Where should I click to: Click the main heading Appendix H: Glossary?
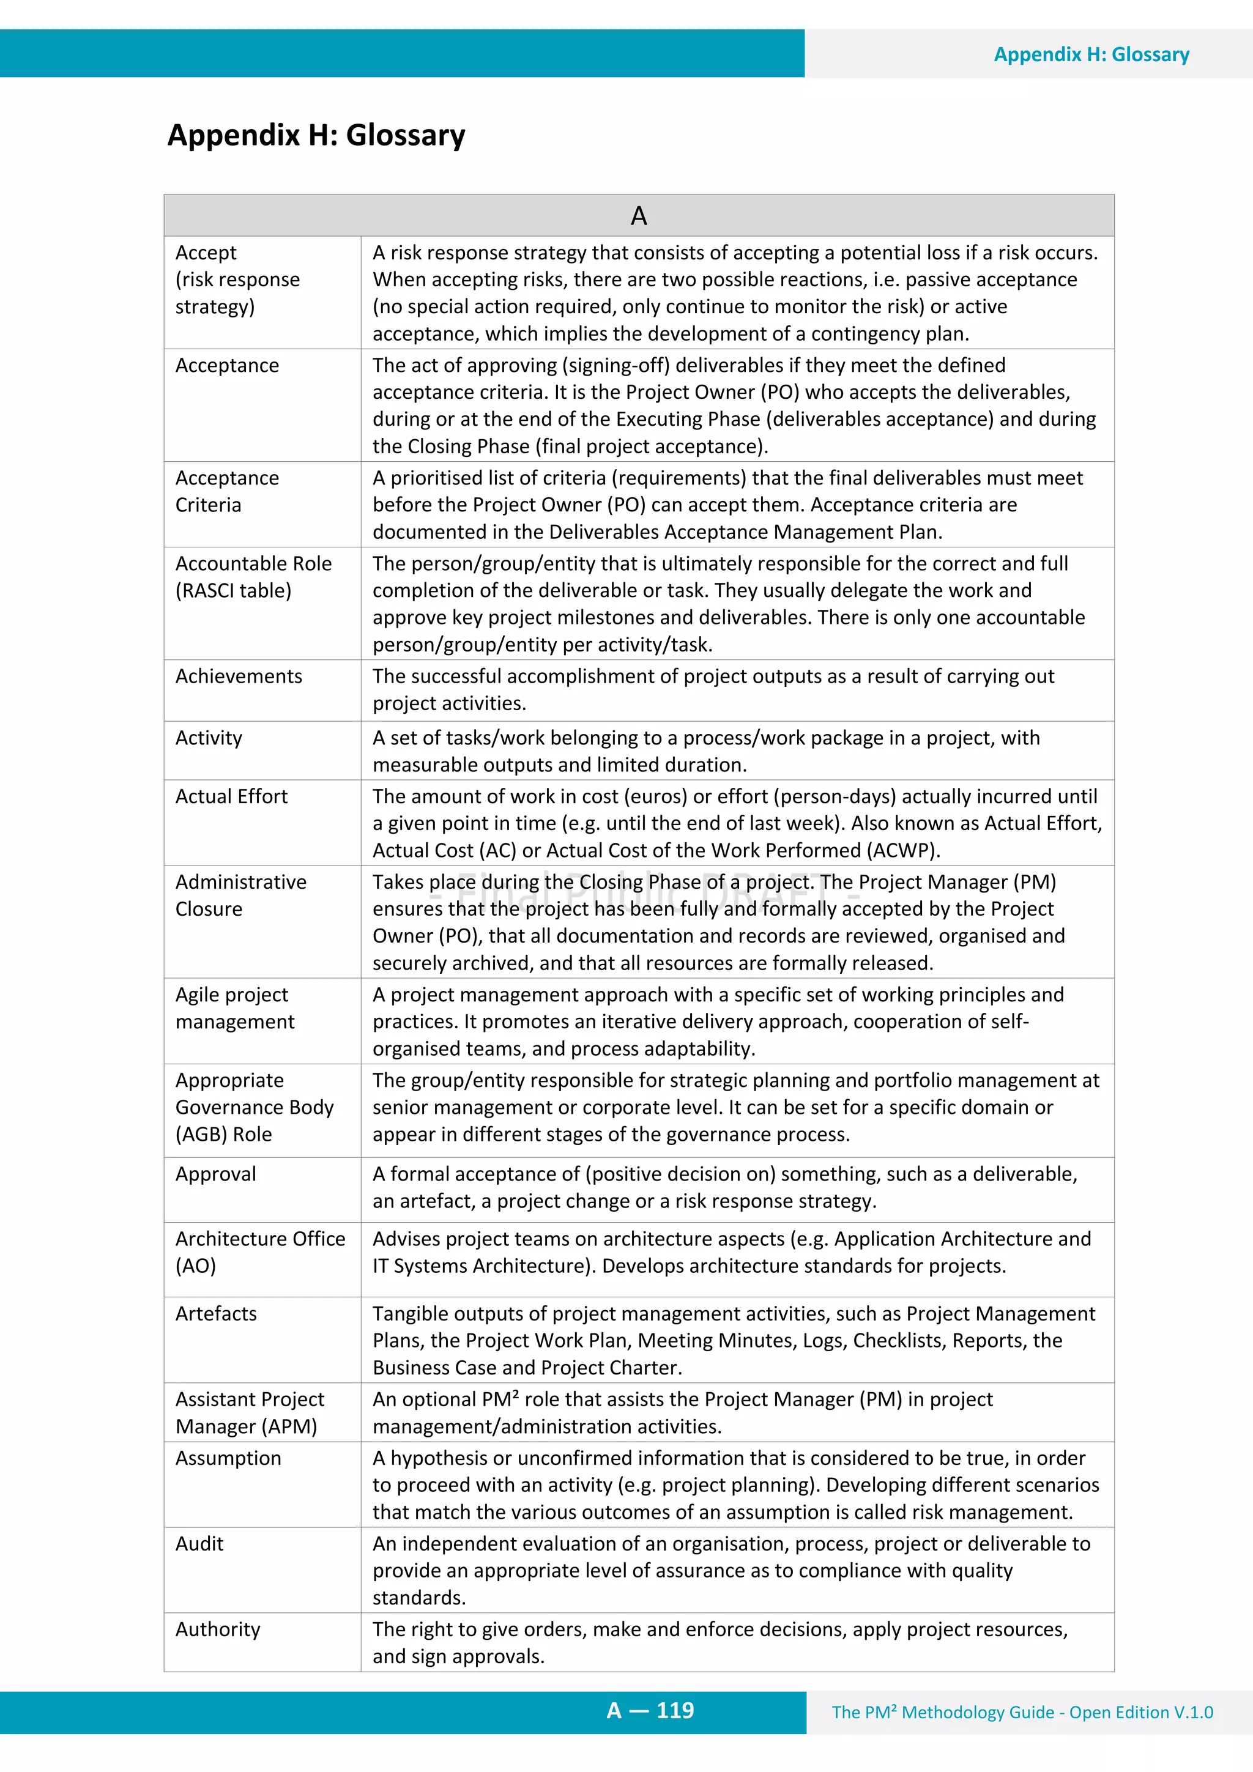316,135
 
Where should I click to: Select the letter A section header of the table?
639,215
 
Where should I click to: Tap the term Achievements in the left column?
239,676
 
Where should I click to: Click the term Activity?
209,738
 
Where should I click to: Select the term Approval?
215,1174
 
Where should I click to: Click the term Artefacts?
215,1314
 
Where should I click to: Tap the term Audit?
199,1544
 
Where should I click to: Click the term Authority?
218,1629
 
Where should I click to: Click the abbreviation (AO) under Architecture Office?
195,1266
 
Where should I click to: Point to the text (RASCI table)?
233,590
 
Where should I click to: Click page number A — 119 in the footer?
650,1710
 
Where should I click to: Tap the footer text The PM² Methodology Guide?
942,1712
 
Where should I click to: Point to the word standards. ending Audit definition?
419,1598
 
